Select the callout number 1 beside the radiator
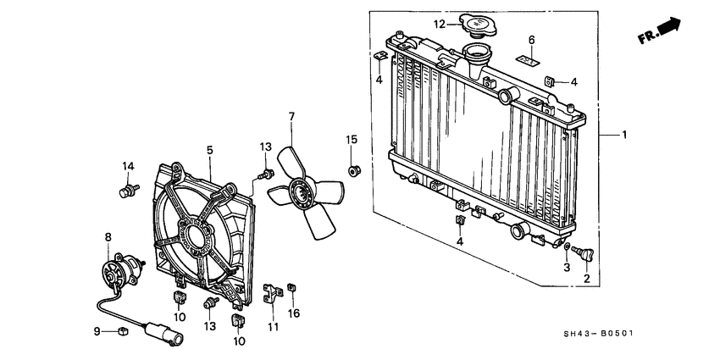tap(625, 135)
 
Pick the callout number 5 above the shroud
tap(209, 150)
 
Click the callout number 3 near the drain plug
tap(566, 268)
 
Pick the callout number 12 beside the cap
tap(440, 24)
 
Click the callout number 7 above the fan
tap(291, 116)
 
